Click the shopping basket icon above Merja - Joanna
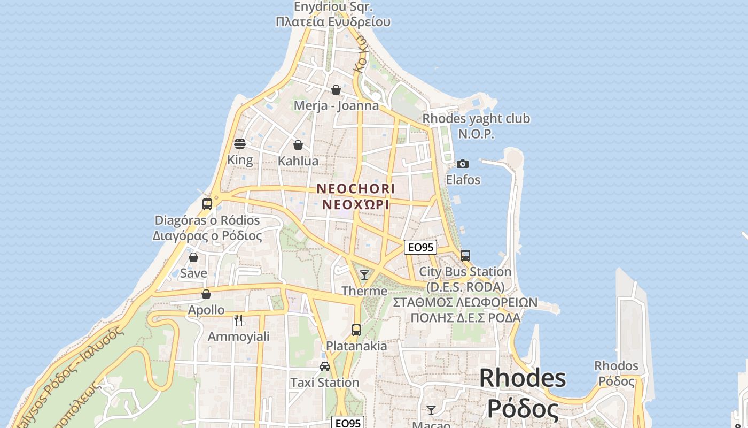tap(336, 90)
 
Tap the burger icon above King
tap(240, 144)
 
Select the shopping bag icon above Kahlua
tap(298, 145)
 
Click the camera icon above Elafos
tap(463, 164)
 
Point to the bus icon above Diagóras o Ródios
tap(207, 204)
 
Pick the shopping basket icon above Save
tap(193, 257)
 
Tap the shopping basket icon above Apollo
tap(206, 294)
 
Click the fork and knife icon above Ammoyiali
tap(238, 320)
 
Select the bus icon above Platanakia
tap(356, 330)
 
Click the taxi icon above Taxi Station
tap(324, 366)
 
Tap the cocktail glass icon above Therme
tap(364, 275)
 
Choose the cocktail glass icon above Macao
tap(431, 410)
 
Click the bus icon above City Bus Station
tap(465, 256)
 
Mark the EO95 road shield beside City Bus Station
tap(420, 247)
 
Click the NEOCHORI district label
tap(356, 189)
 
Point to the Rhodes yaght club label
tap(476, 119)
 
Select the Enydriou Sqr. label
tap(333, 7)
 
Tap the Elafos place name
tap(463, 180)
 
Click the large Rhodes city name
tap(523, 378)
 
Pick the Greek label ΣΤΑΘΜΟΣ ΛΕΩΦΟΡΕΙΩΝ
tap(465, 302)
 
